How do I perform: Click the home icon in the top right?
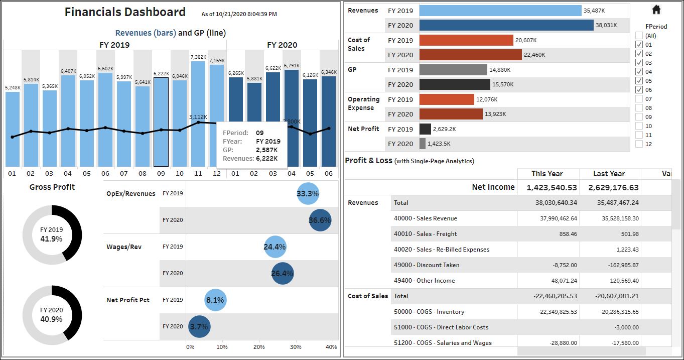coord(656,10)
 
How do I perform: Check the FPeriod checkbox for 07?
coord(639,99)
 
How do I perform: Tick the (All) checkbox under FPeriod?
coord(639,36)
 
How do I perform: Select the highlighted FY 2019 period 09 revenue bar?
coord(161,122)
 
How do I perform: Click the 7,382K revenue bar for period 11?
coord(198,113)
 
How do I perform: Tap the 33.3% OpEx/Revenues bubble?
coord(308,193)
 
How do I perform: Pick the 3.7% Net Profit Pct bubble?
coord(199,327)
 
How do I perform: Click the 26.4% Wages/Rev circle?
coord(283,274)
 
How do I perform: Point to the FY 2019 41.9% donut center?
coord(52,234)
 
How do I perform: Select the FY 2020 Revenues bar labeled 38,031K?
coord(506,25)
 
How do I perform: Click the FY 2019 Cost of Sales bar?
coord(466,40)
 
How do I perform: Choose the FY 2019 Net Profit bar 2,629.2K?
coord(425,129)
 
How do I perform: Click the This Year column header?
coord(547,174)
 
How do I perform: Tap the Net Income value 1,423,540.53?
coord(552,187)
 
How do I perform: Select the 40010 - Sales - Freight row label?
coord(426,234)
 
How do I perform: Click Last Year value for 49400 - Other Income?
coord(621,281)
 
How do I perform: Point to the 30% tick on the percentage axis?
coord(296,347)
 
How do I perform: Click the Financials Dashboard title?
coord(125,12)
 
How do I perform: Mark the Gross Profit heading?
coord(52,187)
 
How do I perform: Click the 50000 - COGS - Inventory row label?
coord(429,312)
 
